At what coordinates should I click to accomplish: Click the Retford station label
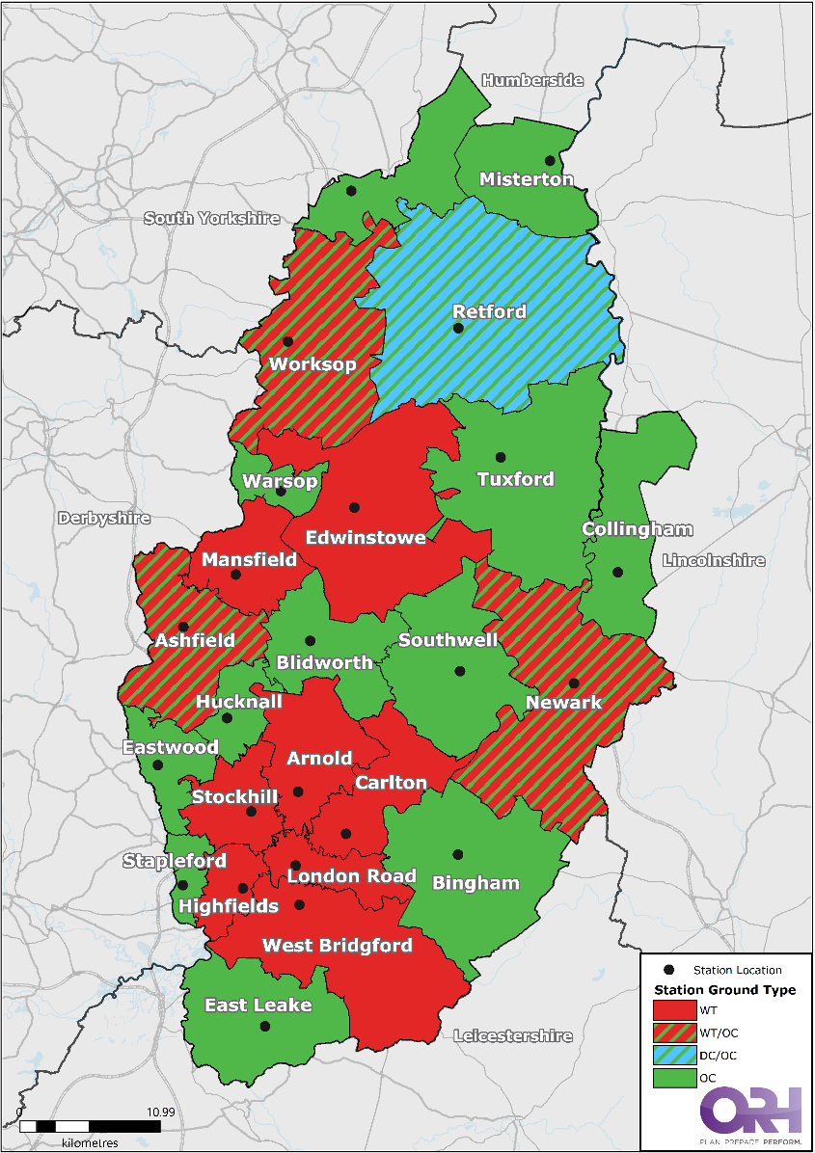click(490, 311)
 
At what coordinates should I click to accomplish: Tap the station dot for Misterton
click(550, 160)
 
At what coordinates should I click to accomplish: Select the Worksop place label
click(312, 364)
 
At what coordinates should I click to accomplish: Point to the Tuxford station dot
click(501, 457)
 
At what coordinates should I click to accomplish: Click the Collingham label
click(637, 529)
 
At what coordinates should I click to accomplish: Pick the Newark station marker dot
click(574, 683)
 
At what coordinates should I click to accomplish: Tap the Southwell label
click(448, 640)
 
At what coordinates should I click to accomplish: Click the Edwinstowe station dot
click(354, 507)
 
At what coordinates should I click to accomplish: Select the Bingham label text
click(475, 883)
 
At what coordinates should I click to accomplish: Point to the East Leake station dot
click(265, 1027)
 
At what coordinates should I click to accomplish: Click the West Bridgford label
click(337, 946)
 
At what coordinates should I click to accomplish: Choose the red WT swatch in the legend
click(675, 1010)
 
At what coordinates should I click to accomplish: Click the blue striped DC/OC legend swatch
click(675, 1056)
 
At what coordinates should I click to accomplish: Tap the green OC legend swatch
click(675, 1079)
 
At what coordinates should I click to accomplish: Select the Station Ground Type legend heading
click(724, 990)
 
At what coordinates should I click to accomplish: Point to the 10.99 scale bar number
click(160, 1112)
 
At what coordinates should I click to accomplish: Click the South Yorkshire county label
click(211, 219)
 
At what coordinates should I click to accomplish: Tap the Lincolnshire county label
click(713, 560)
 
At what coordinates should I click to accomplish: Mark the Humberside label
click(532, 80)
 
